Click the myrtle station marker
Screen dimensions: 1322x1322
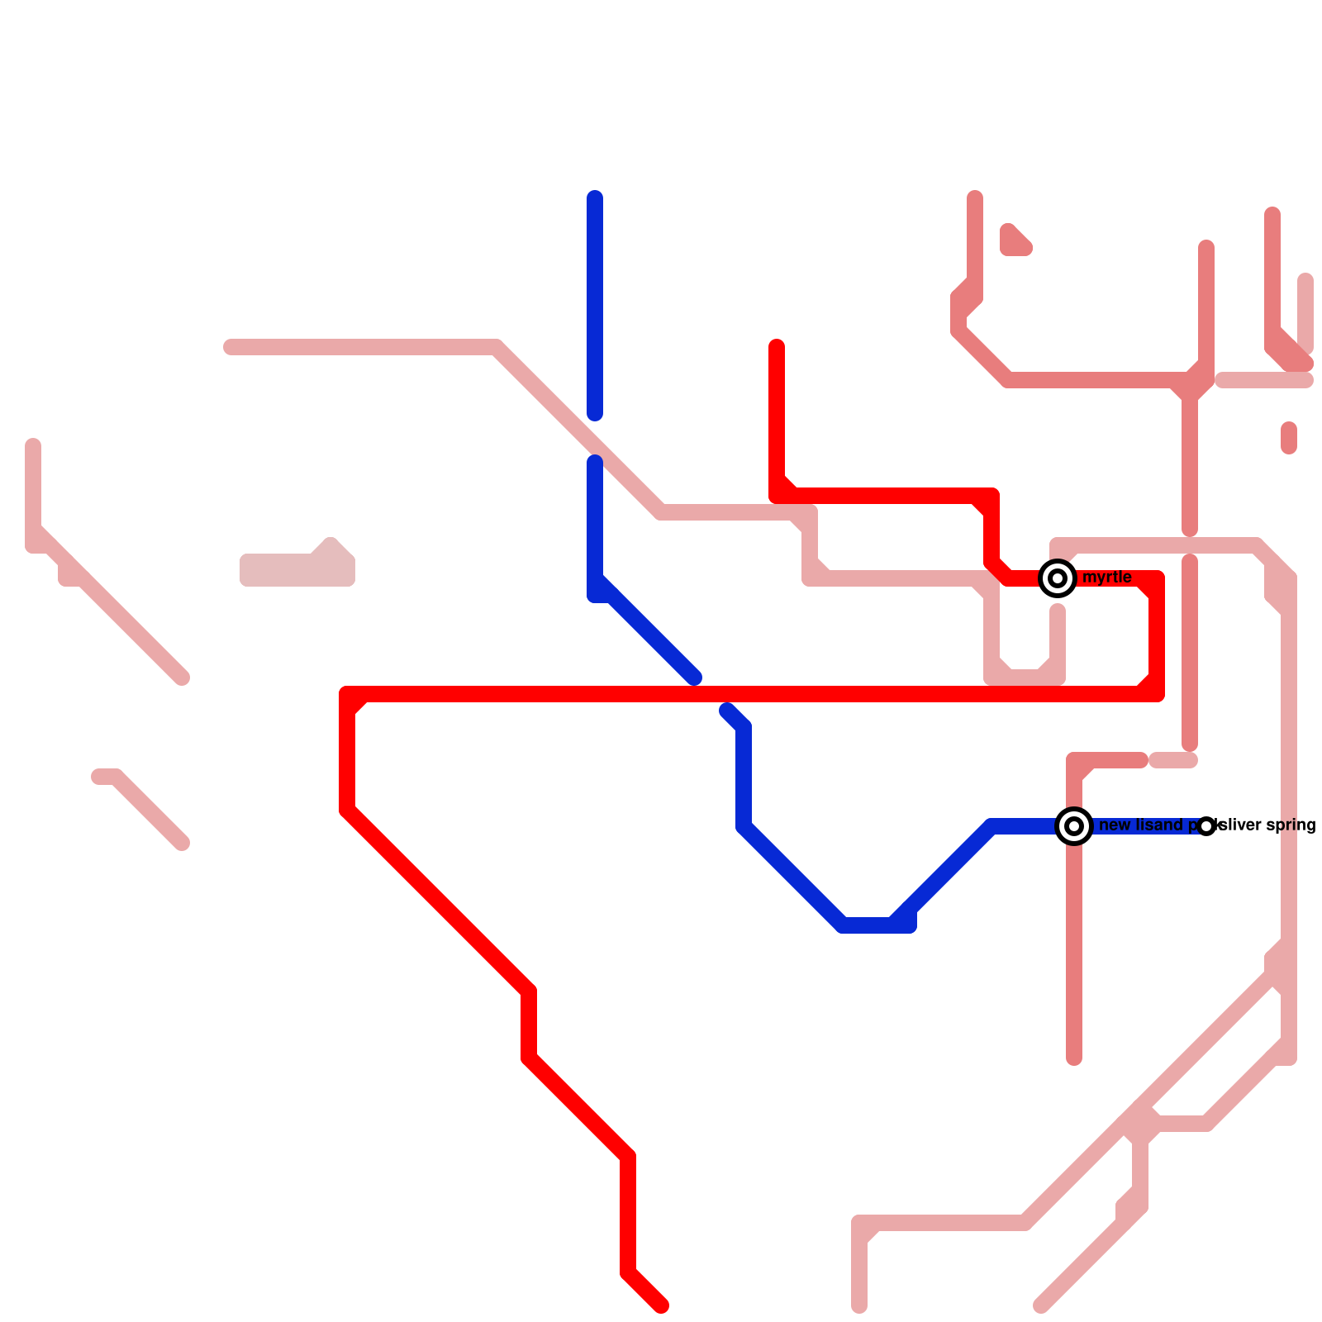coord(1058,578)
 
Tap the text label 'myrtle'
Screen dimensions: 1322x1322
coord(1106,578)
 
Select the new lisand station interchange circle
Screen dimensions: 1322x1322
coord(1074,826)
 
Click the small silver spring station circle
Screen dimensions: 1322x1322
coord(1206,826)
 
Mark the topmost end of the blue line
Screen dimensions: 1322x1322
coord(595,197)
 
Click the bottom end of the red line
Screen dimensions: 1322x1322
coord(661,1306)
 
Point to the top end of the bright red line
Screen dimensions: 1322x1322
coord(777,346)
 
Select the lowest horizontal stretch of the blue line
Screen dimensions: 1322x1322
coord(876,925)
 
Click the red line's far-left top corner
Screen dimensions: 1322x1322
coord(348,694)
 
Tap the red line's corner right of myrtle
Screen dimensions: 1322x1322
coord(1157,578)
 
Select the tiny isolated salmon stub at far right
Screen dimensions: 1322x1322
coord(1289,438)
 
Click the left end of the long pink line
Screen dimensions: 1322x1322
coord(231,347)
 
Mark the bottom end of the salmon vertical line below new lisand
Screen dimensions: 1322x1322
coord(1074,1058)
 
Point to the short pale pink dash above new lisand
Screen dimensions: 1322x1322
coord(1173,760)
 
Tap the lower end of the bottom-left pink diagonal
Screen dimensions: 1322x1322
coord(182,843)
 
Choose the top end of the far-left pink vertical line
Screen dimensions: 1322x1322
coord(33,447)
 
